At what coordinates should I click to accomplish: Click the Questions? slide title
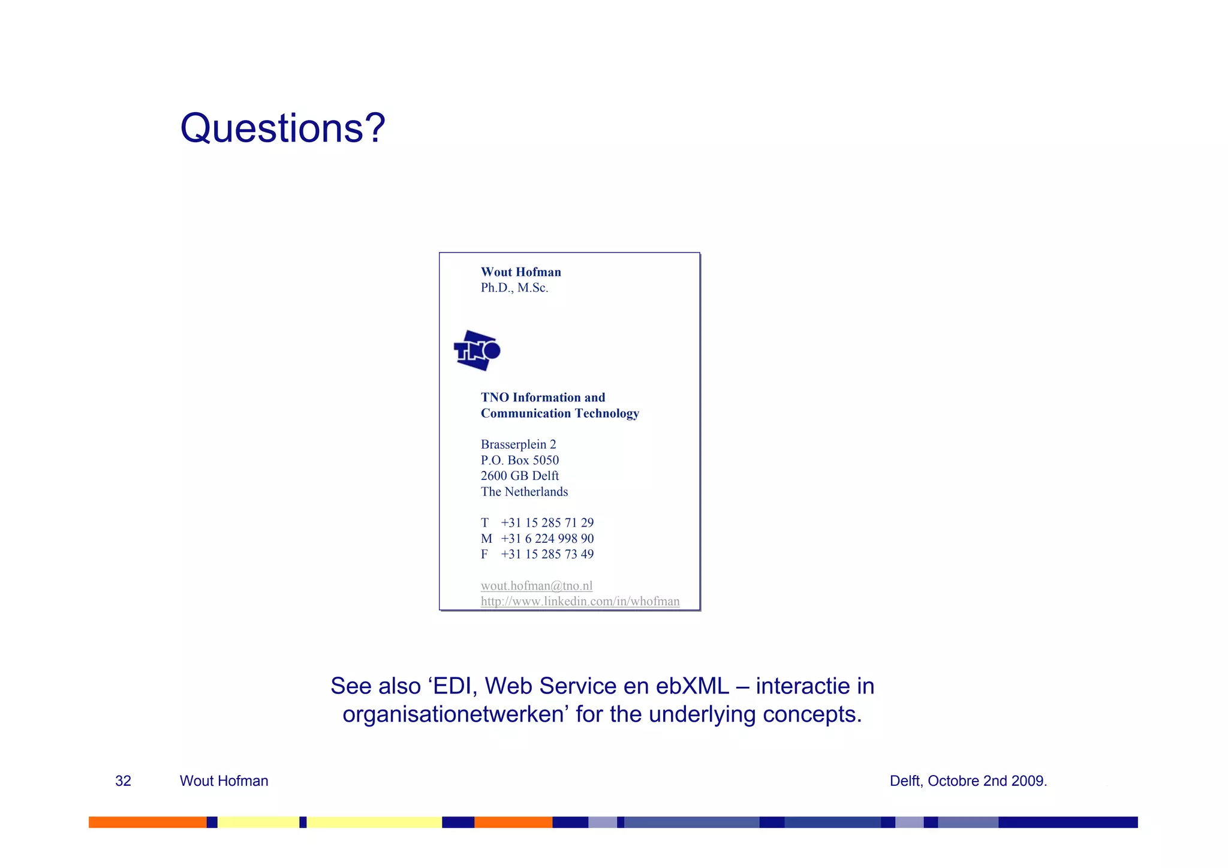282,128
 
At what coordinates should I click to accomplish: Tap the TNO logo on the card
477,350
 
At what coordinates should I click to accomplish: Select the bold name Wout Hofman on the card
520,272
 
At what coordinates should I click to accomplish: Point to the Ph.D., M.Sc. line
514,288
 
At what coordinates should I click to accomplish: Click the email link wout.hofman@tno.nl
536,585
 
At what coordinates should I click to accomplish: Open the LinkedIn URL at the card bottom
580,601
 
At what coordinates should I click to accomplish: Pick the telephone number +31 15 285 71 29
547,522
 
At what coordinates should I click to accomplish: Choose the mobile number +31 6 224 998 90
547,539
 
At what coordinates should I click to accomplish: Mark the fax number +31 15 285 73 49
547,554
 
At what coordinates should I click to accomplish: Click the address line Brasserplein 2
518,444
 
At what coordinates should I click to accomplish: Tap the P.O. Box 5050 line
519,460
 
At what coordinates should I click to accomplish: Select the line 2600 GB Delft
519,476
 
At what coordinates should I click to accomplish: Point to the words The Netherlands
524,492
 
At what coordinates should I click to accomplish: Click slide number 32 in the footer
123,781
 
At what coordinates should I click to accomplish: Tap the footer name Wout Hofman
224,781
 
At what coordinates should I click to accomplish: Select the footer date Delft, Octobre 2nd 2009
968,781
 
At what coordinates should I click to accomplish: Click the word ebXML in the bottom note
692,686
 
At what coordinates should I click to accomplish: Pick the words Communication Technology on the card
559,413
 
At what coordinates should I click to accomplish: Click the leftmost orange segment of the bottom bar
147,822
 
